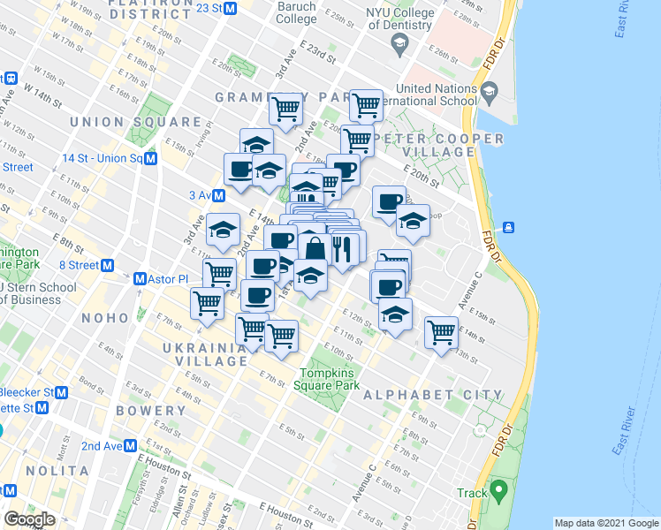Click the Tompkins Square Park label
pos(329,379)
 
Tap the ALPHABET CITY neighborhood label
pos(433,395)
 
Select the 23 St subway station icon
pos(231,8)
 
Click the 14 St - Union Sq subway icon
pos(151,159)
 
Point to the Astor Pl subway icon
pos(140,279)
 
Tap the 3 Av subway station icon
pos(217,194)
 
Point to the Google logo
pos(29,519)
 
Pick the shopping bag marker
pos(315,249)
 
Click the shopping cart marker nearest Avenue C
pos(442,332)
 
